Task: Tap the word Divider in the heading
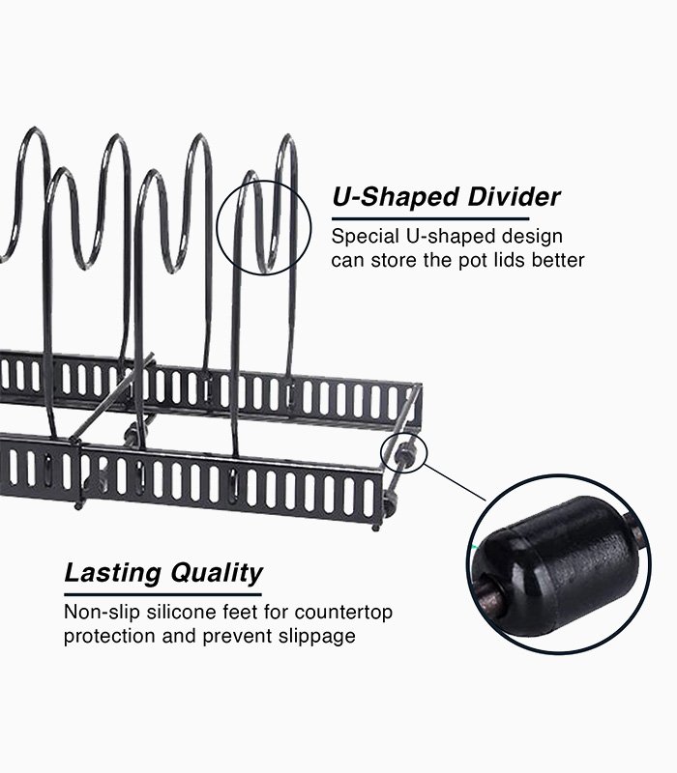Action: click(x=513, y=199)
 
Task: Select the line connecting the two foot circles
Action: click(x=454, y=484)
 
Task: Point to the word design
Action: click(x=529, y=237)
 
